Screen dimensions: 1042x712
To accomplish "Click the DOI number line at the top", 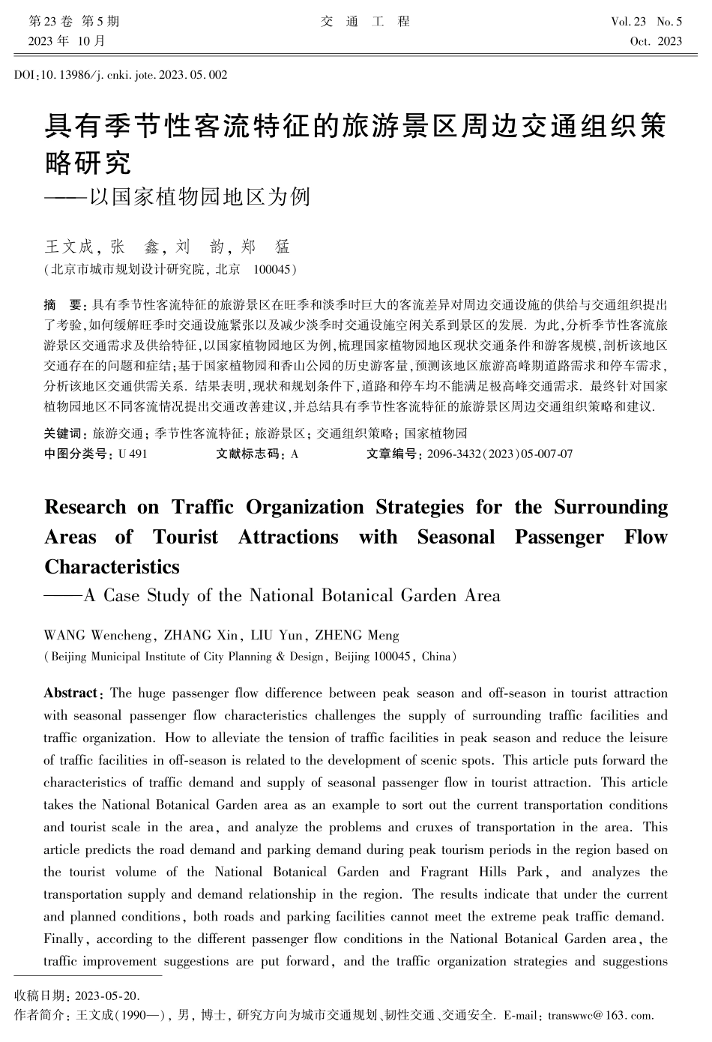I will pos(121,75).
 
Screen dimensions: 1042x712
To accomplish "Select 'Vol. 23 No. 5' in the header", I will pos(646,22).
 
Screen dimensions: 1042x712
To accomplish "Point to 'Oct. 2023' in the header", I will pos(657,41).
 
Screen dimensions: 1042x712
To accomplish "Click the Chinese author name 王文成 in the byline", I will pos(70,247).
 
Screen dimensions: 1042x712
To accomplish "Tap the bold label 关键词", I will pos(64,433).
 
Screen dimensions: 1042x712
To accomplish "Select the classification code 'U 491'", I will pos(133,454).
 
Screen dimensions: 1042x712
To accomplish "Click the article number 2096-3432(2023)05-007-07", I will pos(500,454).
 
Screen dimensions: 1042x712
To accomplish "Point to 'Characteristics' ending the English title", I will pos(112,567).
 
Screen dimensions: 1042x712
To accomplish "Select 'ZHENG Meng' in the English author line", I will pos(357,636).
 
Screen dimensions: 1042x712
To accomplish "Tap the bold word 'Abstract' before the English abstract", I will pos(70,693).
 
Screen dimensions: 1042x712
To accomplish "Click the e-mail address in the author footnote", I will pos(601,1016).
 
